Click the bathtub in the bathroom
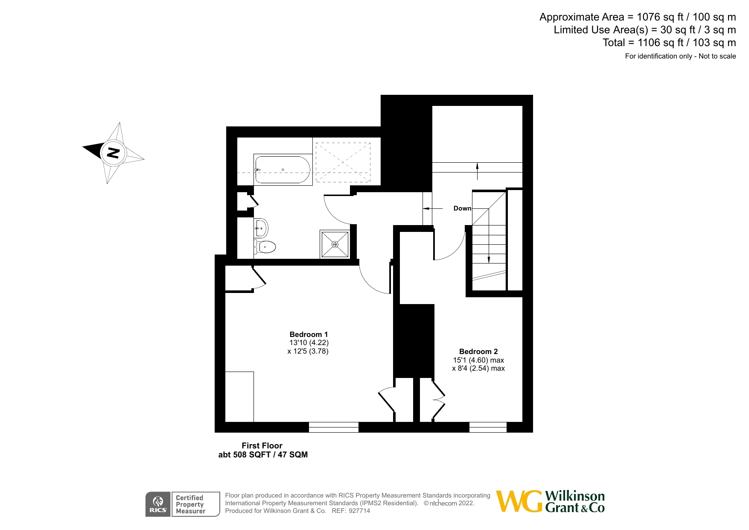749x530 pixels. point(283,170)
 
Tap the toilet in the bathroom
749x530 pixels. point(265,246)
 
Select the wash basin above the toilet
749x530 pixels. point(261,228)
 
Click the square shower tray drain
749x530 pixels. point(335,245)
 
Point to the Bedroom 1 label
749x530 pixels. point(309,334)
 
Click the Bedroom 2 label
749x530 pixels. point(478,351)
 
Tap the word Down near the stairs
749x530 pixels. point(462,208)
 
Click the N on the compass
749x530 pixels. point(113,152)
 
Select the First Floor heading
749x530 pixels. point(262,445)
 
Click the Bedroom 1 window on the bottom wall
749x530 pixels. point(334,427)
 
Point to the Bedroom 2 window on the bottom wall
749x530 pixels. point(488,427)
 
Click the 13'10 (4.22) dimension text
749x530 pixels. point(309,343)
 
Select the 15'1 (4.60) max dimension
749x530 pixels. point(478,360)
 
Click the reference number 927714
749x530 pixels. point(359,511)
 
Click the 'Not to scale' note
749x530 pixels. point(717,56)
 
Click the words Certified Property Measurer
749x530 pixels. point(190,504)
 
